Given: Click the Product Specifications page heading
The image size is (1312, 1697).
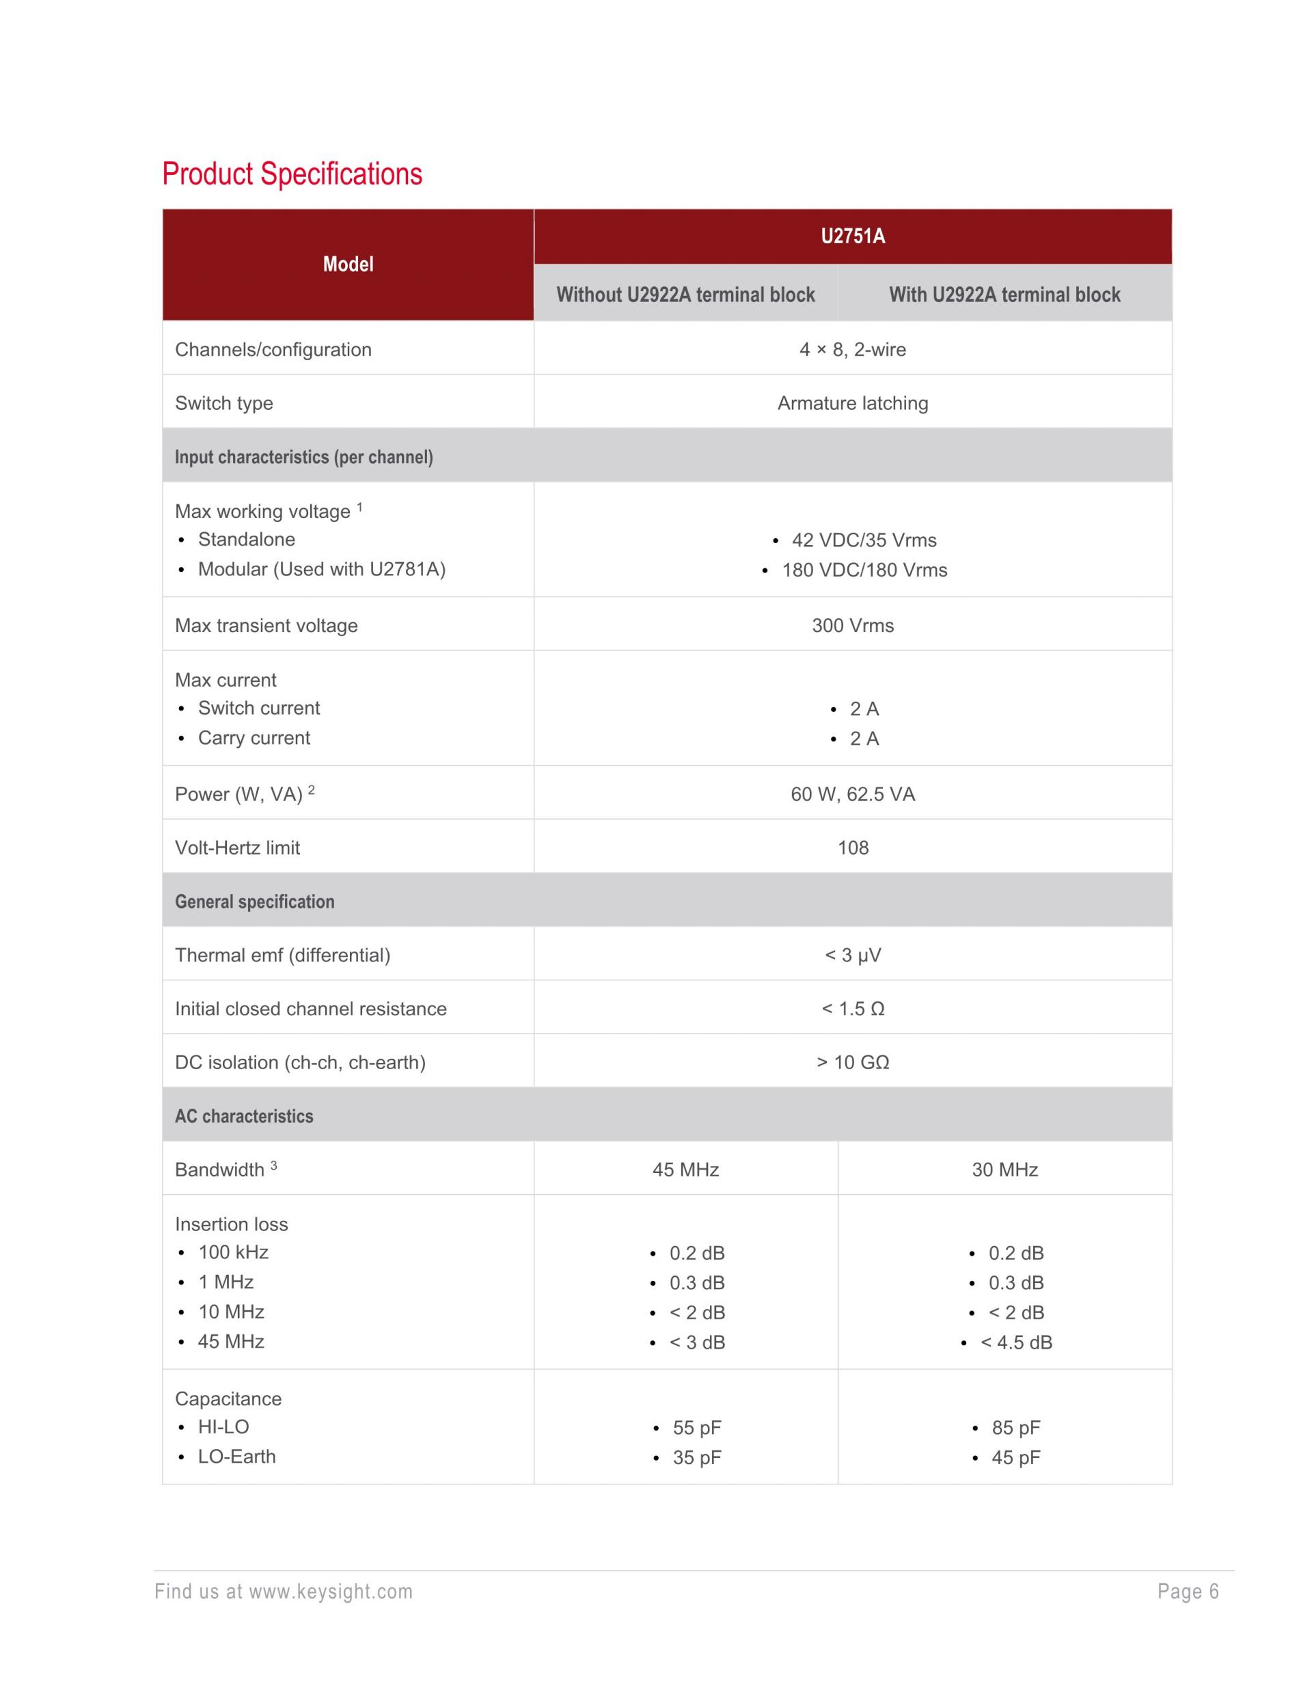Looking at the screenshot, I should [292, 174].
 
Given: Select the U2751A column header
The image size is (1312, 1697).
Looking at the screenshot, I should [853, 236].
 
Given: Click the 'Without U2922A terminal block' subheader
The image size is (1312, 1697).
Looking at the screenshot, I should [685, 294].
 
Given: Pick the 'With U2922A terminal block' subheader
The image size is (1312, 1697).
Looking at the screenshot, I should [1004, 294].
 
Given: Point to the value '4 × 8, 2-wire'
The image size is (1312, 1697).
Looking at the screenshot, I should [853, 350].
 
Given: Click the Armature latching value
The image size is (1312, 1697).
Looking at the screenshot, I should [853, 403].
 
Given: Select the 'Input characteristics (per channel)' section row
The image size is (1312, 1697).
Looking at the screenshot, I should [304, 457].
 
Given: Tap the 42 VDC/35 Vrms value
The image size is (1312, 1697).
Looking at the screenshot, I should [864, 540].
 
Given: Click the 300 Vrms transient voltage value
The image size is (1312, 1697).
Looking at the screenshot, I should [853, 626].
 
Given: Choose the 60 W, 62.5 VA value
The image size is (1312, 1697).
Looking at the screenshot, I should [853, 794].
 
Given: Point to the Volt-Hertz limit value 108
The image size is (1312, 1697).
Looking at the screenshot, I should [853, 848].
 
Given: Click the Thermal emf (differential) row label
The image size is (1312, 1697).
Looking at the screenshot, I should [282, 955].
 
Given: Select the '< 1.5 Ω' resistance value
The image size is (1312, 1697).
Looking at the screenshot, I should [853, 1008].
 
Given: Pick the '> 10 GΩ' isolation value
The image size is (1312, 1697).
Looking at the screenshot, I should [853, 1062].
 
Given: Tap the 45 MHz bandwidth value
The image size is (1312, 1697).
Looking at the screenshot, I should [685, 1170].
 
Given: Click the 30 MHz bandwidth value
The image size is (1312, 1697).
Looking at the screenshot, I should [1004, 1170].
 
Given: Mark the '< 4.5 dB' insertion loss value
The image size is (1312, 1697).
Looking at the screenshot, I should [1016, 1342].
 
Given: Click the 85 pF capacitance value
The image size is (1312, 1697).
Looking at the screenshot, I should [1015, 1427].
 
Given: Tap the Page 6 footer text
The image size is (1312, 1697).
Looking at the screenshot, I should [1188, 1591].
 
